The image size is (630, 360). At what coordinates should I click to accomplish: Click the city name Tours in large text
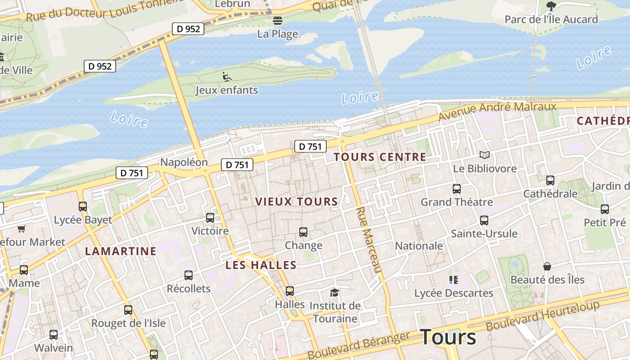pos(448,337)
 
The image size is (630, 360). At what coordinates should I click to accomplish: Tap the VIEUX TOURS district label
pos(297,202)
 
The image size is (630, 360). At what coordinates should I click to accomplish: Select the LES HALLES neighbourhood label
pos(261,265)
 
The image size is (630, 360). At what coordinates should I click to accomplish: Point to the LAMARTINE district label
pos(121,251)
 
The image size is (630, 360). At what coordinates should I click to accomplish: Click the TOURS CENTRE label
pos(380,157)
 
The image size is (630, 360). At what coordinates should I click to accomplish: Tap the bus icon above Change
pos(303,232)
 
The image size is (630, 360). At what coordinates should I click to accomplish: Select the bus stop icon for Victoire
pos(210,218)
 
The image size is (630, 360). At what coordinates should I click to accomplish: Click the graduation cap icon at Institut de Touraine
pos(334,293)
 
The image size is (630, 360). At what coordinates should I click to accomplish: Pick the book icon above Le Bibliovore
pos(484,155)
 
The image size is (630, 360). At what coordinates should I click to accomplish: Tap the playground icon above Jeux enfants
pos(227,77)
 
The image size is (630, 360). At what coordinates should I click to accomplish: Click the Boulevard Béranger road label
pos(359,345)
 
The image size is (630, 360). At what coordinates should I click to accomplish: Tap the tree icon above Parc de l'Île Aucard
pos(551,6)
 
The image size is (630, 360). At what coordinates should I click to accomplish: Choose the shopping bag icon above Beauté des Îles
pos(547,266)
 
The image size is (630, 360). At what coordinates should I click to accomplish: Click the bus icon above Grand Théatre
pos(457,189)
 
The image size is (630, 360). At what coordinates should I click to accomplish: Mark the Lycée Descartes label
pos(454,293)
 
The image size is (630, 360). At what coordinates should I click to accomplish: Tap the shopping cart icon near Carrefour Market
pos(21,229)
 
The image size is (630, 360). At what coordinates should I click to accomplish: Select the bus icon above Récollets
pos(189,275)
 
